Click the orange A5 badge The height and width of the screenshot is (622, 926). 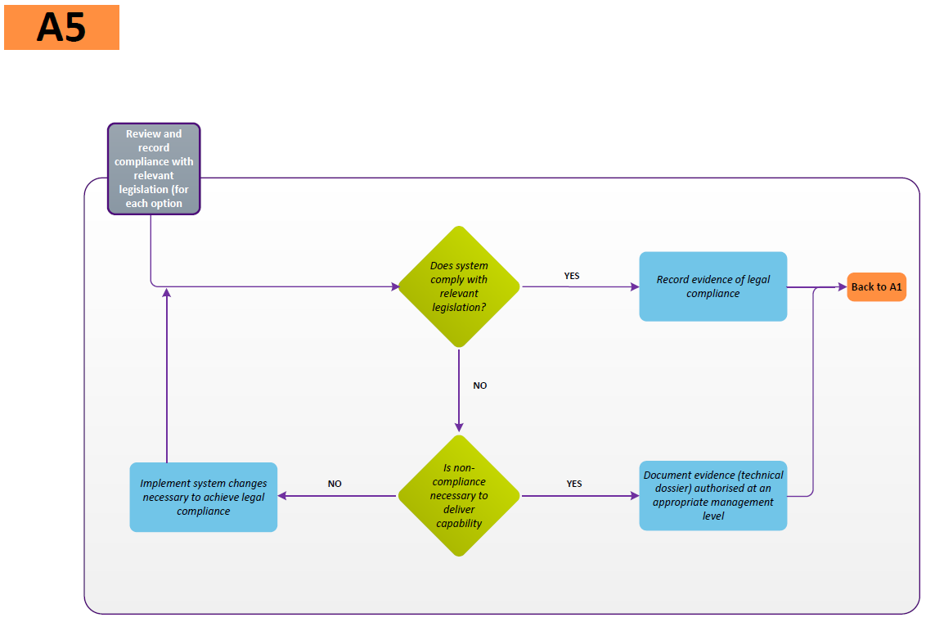[x=61, y=27]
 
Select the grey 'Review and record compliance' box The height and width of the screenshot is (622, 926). [x=154, y=169]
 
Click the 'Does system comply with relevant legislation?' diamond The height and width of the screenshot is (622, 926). [x=459, y=286]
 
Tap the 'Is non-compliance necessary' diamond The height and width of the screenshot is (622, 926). [x=459, y=496]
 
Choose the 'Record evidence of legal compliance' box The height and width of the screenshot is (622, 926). [x=712, y=286]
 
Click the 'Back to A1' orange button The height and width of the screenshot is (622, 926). [x=876, y=287]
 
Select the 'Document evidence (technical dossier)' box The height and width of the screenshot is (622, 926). [x=712, y=496]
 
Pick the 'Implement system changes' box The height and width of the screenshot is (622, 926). [x=203, y=497]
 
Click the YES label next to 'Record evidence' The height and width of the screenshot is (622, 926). [x=572, y=276]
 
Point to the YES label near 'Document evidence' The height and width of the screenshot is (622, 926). [x=574, y=484]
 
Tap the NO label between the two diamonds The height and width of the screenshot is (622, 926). [x=480, y=385]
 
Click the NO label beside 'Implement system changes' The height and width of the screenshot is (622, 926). [x=335, y=484]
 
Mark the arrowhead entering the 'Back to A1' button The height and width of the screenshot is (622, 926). [x=842, y=287]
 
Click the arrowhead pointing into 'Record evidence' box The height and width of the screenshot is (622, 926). [x=635, y=287]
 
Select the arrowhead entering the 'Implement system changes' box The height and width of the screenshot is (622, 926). [x=282, y=496]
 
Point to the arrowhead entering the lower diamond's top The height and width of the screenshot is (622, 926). [x=459, y=428]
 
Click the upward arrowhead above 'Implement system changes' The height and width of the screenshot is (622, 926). [x=167, y=292]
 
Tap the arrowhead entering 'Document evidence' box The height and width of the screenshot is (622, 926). [x=635, y=496]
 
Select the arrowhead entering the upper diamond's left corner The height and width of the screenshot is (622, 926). [x=395, y=287]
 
